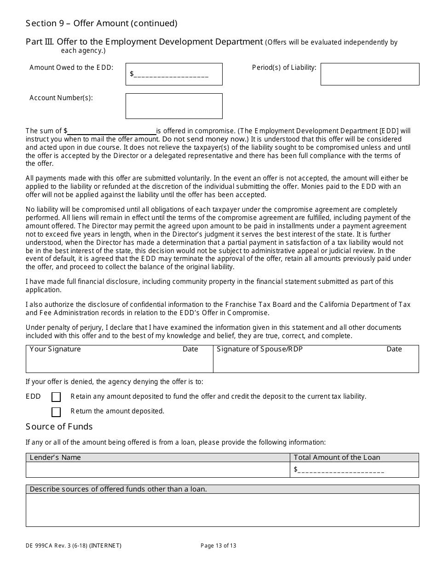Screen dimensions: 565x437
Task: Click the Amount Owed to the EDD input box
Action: tap(174, 74)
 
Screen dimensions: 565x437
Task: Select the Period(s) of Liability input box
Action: tap(370, 74)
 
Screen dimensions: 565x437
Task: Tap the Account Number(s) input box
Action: tap(174, 106)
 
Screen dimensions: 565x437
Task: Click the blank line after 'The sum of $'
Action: tap(112, 131)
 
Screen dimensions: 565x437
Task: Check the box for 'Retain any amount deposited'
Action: tap(56, 397)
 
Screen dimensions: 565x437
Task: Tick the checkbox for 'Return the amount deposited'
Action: tap(56, 412)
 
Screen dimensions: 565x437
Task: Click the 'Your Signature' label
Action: tap(55, 349)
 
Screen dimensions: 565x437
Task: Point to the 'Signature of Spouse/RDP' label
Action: tap(259, 349)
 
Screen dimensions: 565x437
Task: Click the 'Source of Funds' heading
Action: tap(59, 427)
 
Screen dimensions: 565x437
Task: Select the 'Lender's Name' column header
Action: tap(55, 458)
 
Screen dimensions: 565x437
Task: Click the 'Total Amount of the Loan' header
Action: tap(337, 458)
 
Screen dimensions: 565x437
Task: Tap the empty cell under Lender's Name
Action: tap(158, 470)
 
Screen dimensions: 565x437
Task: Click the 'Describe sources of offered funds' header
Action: tap(118, 489)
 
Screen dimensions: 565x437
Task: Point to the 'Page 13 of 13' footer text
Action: tap(218, 546)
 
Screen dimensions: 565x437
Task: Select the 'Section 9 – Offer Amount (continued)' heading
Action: tap(101, 23)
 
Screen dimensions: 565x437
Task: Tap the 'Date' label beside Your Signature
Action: tap(190, 349)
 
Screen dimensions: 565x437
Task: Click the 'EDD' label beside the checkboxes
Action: tap(33, 396)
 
